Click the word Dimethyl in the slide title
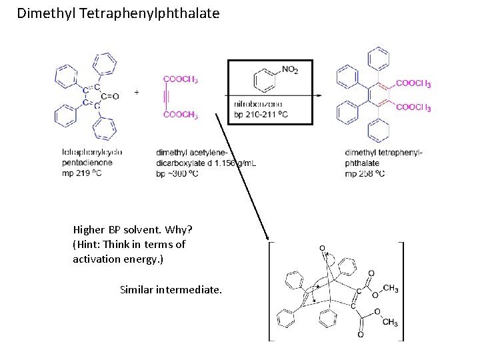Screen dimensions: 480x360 (x=46, y=13)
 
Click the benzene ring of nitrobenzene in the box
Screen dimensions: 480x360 (x=265, y=80)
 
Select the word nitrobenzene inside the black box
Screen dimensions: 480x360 (x=258, y=105)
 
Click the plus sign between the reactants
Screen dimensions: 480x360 (x=137, y=92)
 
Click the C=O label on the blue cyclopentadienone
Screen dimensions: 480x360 (x=111, y=96)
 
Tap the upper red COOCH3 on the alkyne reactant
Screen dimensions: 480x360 (x=181, y=79)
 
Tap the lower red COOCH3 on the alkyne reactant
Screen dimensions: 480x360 (x=181, y=115)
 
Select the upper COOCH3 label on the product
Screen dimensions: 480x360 (x=413, y=84)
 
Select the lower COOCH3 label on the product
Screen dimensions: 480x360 (x=413, y=107)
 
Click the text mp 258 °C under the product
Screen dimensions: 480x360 (x=365, y=173)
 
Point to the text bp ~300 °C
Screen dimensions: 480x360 (x=177, y=173)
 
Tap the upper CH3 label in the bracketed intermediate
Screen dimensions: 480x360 (x=391, y=289)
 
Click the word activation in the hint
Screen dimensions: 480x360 (x=98, y=259)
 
